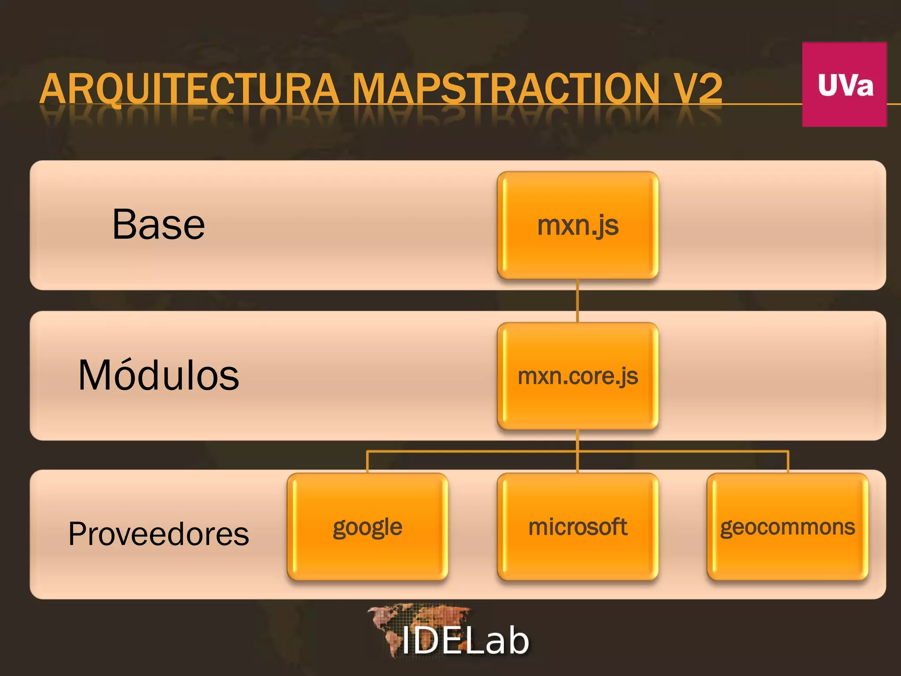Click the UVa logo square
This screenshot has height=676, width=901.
[x=844, y=84]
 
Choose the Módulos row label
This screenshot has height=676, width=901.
[x=158, y=375]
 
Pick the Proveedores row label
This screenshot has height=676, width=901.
[x=158, y=534]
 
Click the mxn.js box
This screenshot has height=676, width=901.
[x=578, y=225]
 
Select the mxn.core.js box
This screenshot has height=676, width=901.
[x=578, y=376]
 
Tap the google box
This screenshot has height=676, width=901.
[x=367, y=527]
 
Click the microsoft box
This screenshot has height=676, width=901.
[x=578, y=527]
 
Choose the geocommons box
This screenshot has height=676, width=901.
[x=787, y=527]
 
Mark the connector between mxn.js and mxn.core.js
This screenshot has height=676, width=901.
[x=578, y=301]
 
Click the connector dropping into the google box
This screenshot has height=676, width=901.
[x=367, y=462]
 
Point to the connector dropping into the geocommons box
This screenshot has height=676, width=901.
[x=788, y=462]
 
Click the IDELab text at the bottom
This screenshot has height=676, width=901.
[x=465, y=641]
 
